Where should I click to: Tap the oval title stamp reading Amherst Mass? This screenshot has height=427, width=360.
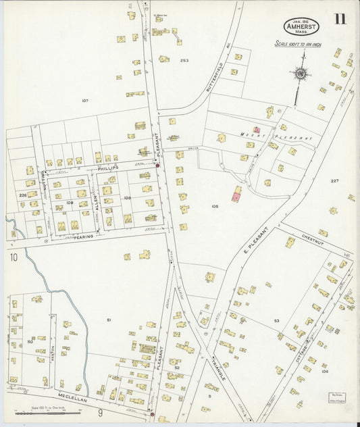pos(301,26)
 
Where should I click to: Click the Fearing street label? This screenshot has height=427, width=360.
pos(83,236)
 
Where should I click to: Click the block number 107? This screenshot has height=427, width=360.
pos(85,101)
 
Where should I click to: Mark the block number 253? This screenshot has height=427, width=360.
pos(184,60)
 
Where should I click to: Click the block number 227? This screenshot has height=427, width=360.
pos(335,181)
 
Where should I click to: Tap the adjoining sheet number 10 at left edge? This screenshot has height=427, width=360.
pos(14,257)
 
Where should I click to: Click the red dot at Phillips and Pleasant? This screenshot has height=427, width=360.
pos(158,166)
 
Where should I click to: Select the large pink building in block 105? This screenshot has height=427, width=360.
pos(236,195)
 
